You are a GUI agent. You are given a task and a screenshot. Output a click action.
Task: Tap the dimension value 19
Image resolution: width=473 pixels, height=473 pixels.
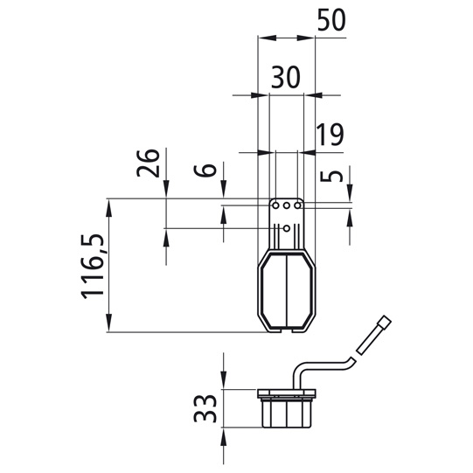330,135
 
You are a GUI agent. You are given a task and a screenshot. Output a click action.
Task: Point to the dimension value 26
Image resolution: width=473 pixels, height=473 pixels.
150,163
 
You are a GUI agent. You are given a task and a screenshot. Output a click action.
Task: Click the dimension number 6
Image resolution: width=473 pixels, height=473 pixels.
205,169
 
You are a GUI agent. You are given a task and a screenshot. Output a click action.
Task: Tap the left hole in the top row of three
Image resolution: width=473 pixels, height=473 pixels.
275,205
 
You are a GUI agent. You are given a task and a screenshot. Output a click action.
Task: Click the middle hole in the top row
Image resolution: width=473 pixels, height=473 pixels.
287,205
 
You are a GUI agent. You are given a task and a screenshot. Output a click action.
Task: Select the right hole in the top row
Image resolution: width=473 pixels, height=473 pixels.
298,205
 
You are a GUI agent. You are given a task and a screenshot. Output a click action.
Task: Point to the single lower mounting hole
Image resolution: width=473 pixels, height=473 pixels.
287,228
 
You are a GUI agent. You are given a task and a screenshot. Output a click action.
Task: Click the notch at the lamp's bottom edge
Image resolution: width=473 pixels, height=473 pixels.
287,330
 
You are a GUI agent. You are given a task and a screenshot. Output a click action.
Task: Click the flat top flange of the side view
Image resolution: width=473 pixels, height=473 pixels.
287,390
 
